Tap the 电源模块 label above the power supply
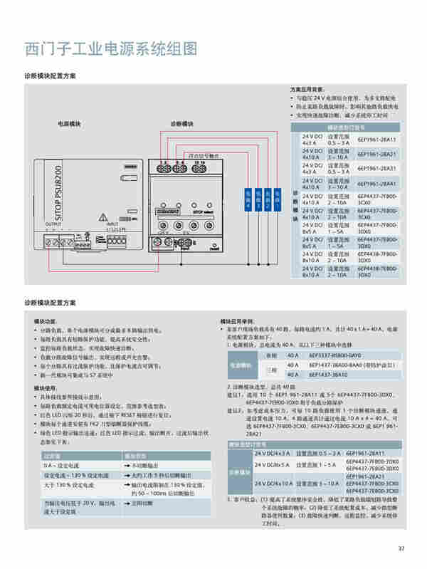tap(70, 124)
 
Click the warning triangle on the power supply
tap(104, 212)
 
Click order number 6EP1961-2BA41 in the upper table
tap(376, 183)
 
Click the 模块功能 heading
tap(46, 321)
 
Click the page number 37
tap(401, 548)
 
